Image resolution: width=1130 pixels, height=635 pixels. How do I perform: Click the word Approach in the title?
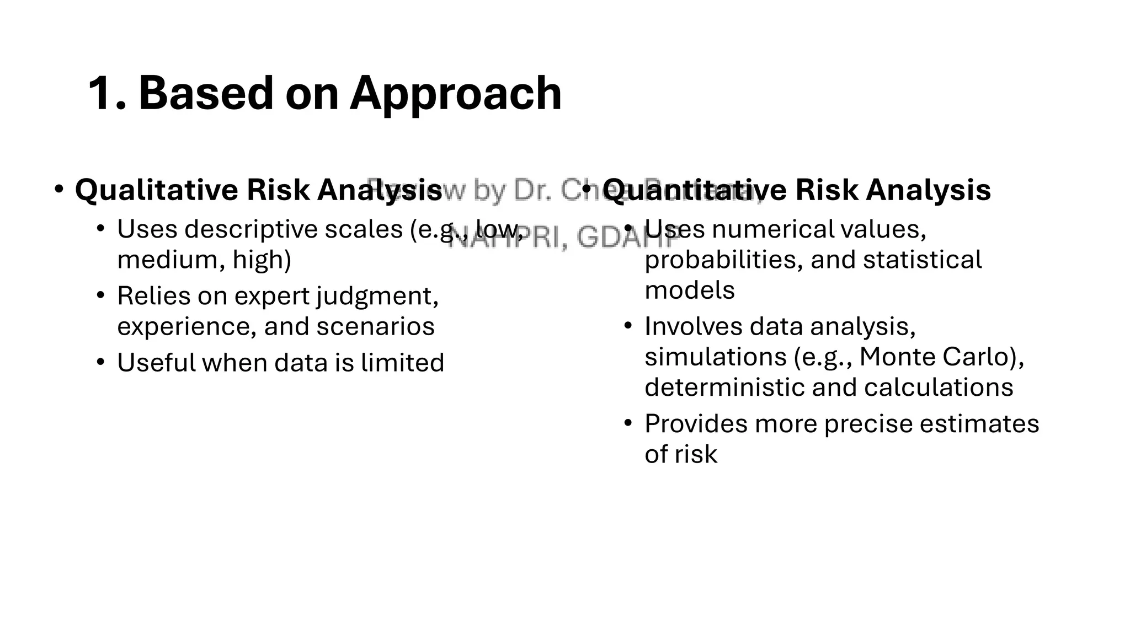456,94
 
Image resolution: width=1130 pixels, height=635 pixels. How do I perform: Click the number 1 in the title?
100,94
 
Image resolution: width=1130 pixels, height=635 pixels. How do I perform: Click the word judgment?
377,297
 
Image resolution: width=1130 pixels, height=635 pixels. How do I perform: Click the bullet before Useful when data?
100,363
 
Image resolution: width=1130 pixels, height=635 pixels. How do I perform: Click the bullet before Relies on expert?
100,296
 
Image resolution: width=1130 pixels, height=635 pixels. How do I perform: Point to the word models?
689,290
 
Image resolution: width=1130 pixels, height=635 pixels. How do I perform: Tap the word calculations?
938,388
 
